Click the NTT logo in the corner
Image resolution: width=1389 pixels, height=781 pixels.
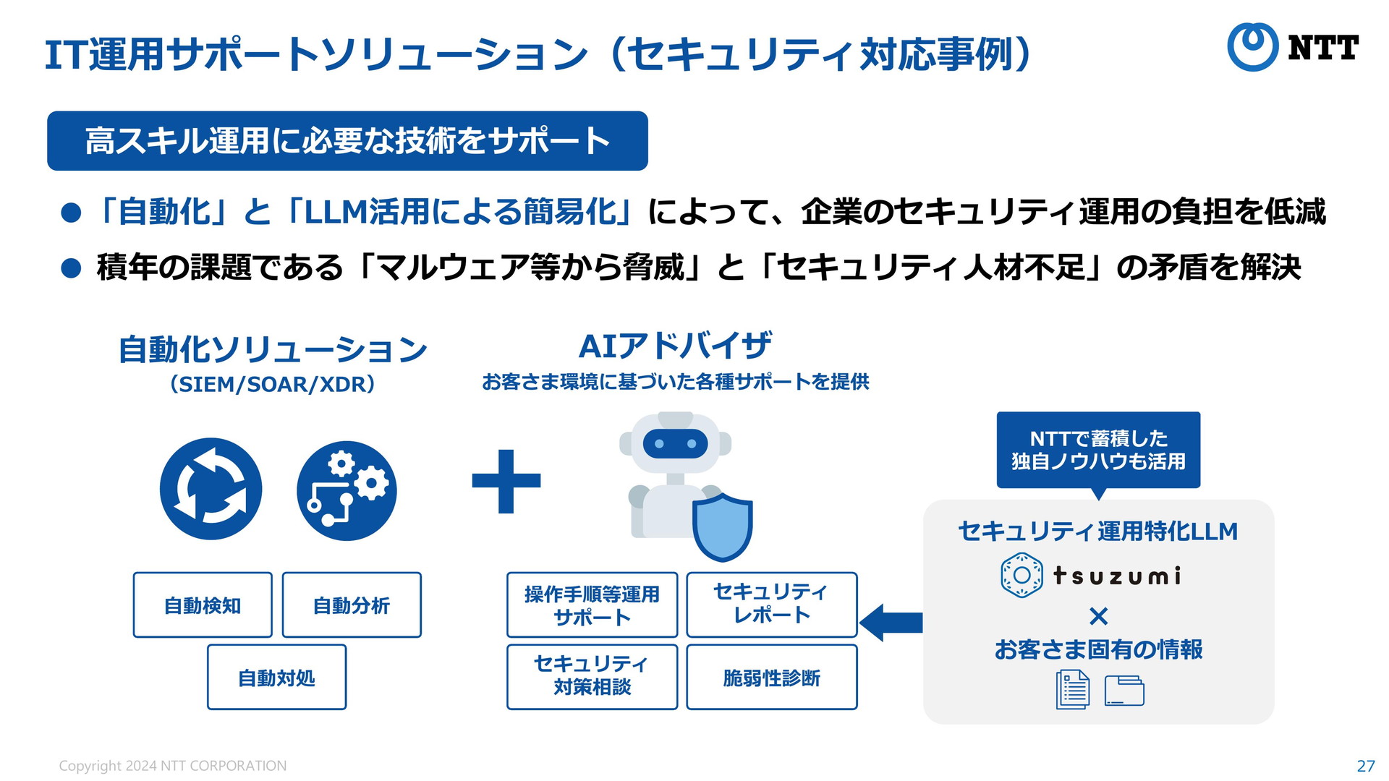click(1292, 47)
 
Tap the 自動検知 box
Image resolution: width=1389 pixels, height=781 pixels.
click(203, 605)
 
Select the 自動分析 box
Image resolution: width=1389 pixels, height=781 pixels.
click(352, 605)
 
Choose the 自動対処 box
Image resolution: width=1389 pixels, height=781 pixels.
click(276, 677)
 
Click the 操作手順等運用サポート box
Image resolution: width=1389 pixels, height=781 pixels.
click(592, 605)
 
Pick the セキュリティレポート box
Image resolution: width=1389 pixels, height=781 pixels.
click(771, 605)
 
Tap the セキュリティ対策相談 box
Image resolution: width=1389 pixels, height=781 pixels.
click(592, 677)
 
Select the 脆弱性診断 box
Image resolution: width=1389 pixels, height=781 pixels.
click(771, 677)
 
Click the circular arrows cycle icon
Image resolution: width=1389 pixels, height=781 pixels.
click(211, 489)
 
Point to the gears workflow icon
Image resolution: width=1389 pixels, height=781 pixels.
click(347, 490)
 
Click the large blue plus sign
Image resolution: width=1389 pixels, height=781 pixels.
click(506, 481)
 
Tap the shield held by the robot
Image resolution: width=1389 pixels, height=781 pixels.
click(722, 526)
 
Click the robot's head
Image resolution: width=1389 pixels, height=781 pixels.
click(675, 443)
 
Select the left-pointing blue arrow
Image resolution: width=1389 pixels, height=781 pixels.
click(891, 622)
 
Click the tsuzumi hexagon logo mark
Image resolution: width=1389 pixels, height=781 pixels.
click(1021, 575)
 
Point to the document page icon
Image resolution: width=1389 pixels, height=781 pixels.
click(1072, 689)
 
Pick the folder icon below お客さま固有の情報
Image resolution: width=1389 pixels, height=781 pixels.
click(1124, 690)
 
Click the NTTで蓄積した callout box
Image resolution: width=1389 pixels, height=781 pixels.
click(1098, 450)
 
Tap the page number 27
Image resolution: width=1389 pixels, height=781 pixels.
click(1365, 766)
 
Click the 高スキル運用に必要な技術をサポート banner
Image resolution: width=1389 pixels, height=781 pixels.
click(347, 141)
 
